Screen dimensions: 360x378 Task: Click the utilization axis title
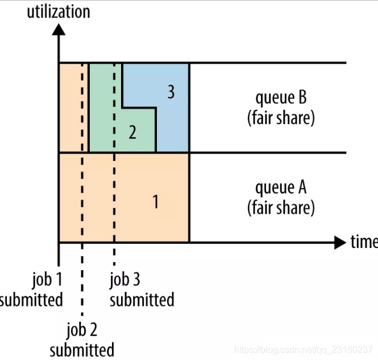point(59,11)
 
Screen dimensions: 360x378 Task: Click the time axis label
point(364,242)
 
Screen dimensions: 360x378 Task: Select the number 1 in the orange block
point(155,201)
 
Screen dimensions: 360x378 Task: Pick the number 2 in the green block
point(132,133)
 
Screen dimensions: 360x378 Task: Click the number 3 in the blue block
point(171,92)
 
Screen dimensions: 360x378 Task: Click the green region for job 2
point(102,114)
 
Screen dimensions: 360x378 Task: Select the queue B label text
point(281,97)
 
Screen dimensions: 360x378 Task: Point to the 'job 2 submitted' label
point(82,339)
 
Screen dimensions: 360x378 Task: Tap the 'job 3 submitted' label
point(142,289)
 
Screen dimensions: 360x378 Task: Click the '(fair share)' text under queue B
point(281,118)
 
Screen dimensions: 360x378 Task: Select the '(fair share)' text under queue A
point(281,207)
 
